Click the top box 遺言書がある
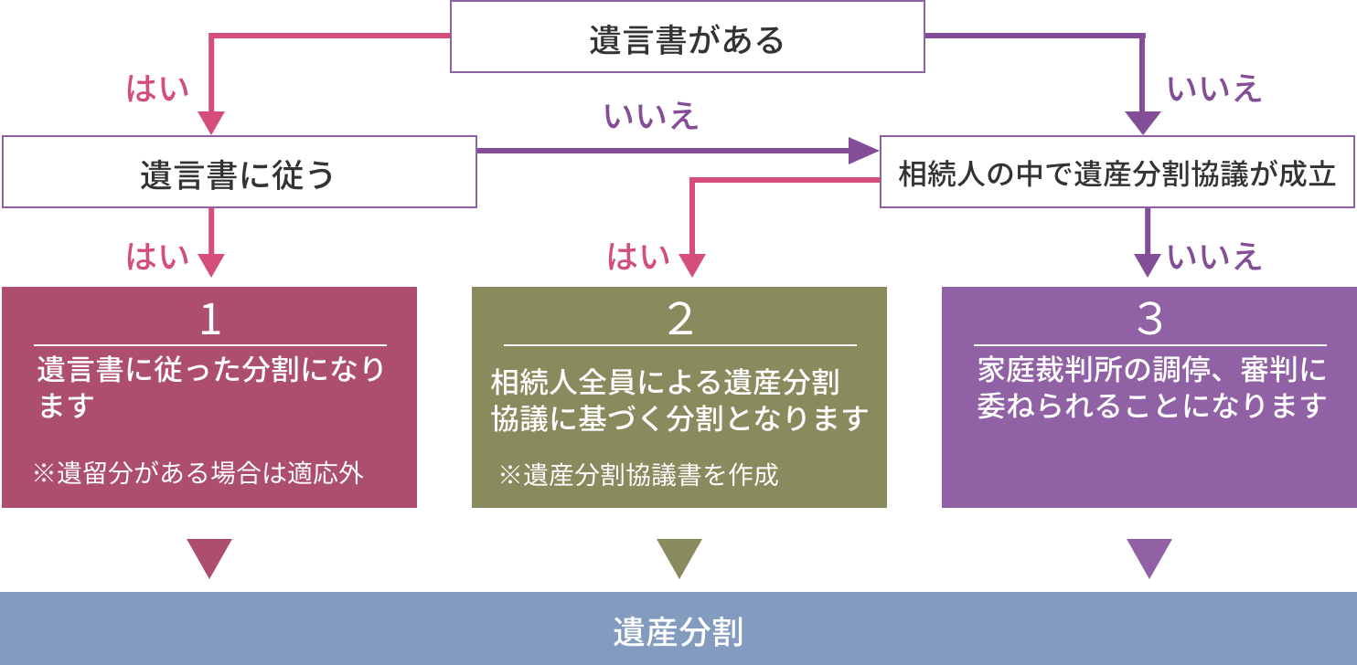click(687, 37)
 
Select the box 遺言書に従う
click(239, 172)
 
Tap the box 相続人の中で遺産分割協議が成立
click(1117, 172)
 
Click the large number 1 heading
click(210, 320)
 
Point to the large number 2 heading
click(679, 320)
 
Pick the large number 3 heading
click(1149, 320)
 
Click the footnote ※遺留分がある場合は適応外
click(198, 473)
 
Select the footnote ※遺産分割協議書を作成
click(637, 475)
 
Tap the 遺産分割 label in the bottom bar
click(678, 631)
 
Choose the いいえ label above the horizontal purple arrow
click(650, 117)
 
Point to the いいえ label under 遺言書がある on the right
click(1214, 90)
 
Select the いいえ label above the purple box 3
click(1214, 259)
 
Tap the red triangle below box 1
click(209, 556)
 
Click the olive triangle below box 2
click(679, 556)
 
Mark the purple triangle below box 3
click(1149, 556)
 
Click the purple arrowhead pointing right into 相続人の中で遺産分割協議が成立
click(864, 151)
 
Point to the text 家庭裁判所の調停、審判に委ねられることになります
click(1151, 387)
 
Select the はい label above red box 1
click(157, 259)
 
